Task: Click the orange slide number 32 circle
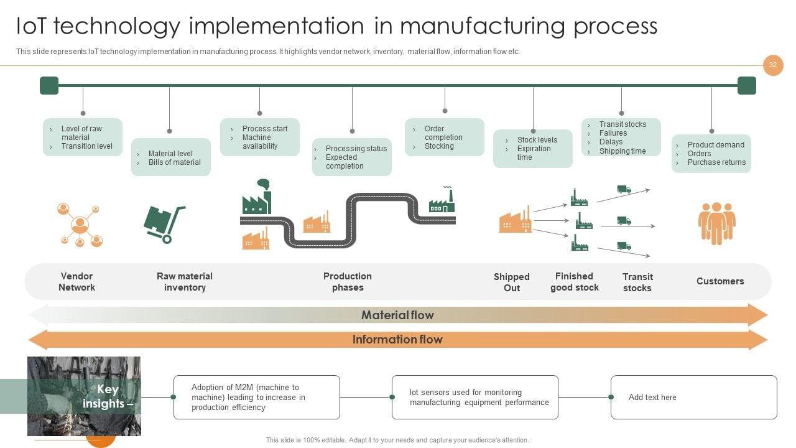click(773, 65)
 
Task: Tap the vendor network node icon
click(80, 225)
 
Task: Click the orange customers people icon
click(717, 223)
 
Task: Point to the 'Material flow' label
click(397, 315)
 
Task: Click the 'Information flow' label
click(397, 340)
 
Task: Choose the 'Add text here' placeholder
click(652, 397)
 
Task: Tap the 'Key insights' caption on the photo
click(108, 396)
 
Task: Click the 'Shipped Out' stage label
click(512, 282)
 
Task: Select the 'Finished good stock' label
click(575, 282)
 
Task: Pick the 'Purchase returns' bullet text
click(716, 162)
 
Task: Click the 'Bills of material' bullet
click(175, 162)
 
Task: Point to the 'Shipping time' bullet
click(622, 151)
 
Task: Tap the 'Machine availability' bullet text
click(260, 141)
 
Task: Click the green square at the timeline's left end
click(49, 85)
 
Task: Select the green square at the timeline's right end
click(747, 85)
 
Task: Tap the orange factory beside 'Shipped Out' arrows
click(516, 220)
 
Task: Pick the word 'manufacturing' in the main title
click(483, 26)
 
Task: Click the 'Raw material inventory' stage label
click(185, 282)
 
